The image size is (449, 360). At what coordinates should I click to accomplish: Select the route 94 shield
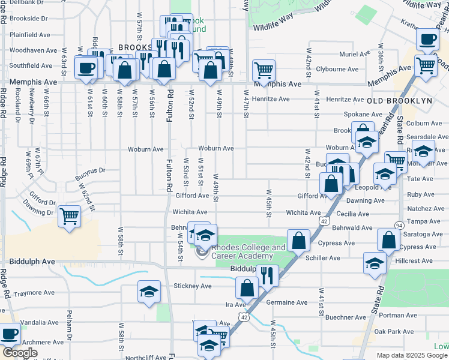point(399,225)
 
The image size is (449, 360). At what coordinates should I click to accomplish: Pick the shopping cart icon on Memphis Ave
point(264,70)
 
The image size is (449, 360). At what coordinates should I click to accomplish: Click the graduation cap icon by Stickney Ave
point(149,292)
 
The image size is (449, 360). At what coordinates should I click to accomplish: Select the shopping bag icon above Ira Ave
point(247,288)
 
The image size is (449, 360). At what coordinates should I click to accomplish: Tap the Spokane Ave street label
point(360,114)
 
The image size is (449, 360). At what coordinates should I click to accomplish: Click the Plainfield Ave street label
point(29,35)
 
